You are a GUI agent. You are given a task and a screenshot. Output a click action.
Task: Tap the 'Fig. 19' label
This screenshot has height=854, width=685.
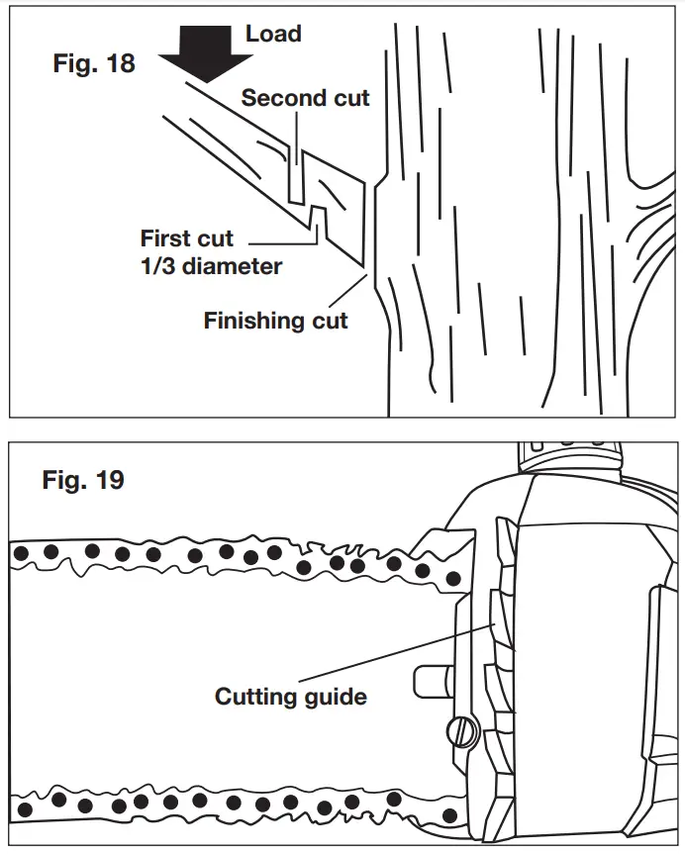[x=83, y=481]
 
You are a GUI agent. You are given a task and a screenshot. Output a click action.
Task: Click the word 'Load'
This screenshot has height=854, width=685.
[x=273, y=34]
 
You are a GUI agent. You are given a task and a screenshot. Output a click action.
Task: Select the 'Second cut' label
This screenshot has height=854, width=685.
[x=305, y=98]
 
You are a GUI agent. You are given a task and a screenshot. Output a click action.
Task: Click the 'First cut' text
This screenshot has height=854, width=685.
[x=187, y=238]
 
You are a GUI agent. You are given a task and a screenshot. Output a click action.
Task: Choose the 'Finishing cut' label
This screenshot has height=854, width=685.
[x=276, y=321]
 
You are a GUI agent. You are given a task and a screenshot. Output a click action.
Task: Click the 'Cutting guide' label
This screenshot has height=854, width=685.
[x=291, y=697]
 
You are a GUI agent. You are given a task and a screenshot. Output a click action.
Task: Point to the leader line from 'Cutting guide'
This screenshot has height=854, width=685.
[x=396, y=657]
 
